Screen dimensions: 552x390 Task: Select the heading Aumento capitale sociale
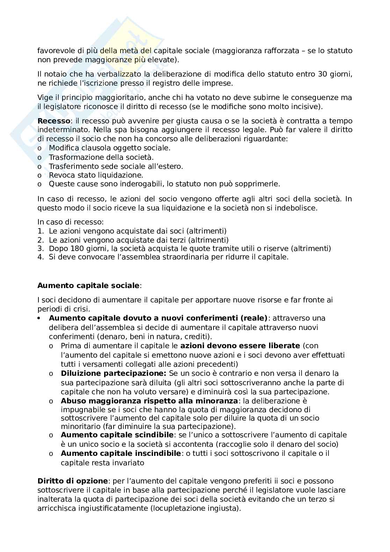pyautogui.click(x=88, y=285)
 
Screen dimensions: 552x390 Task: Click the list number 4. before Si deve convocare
pyautogui.click(x=41, y=257)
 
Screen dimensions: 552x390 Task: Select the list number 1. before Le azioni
pyautogui.click(x=41, y=231)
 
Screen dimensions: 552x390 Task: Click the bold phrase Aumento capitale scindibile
pyautogui.click(x=117, y=435)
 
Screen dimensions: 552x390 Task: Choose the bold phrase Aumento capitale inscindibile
pyautogui.click(x=121, y=453)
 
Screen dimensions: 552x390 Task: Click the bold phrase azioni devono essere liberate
pyautogui.click(x=240, y=346)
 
